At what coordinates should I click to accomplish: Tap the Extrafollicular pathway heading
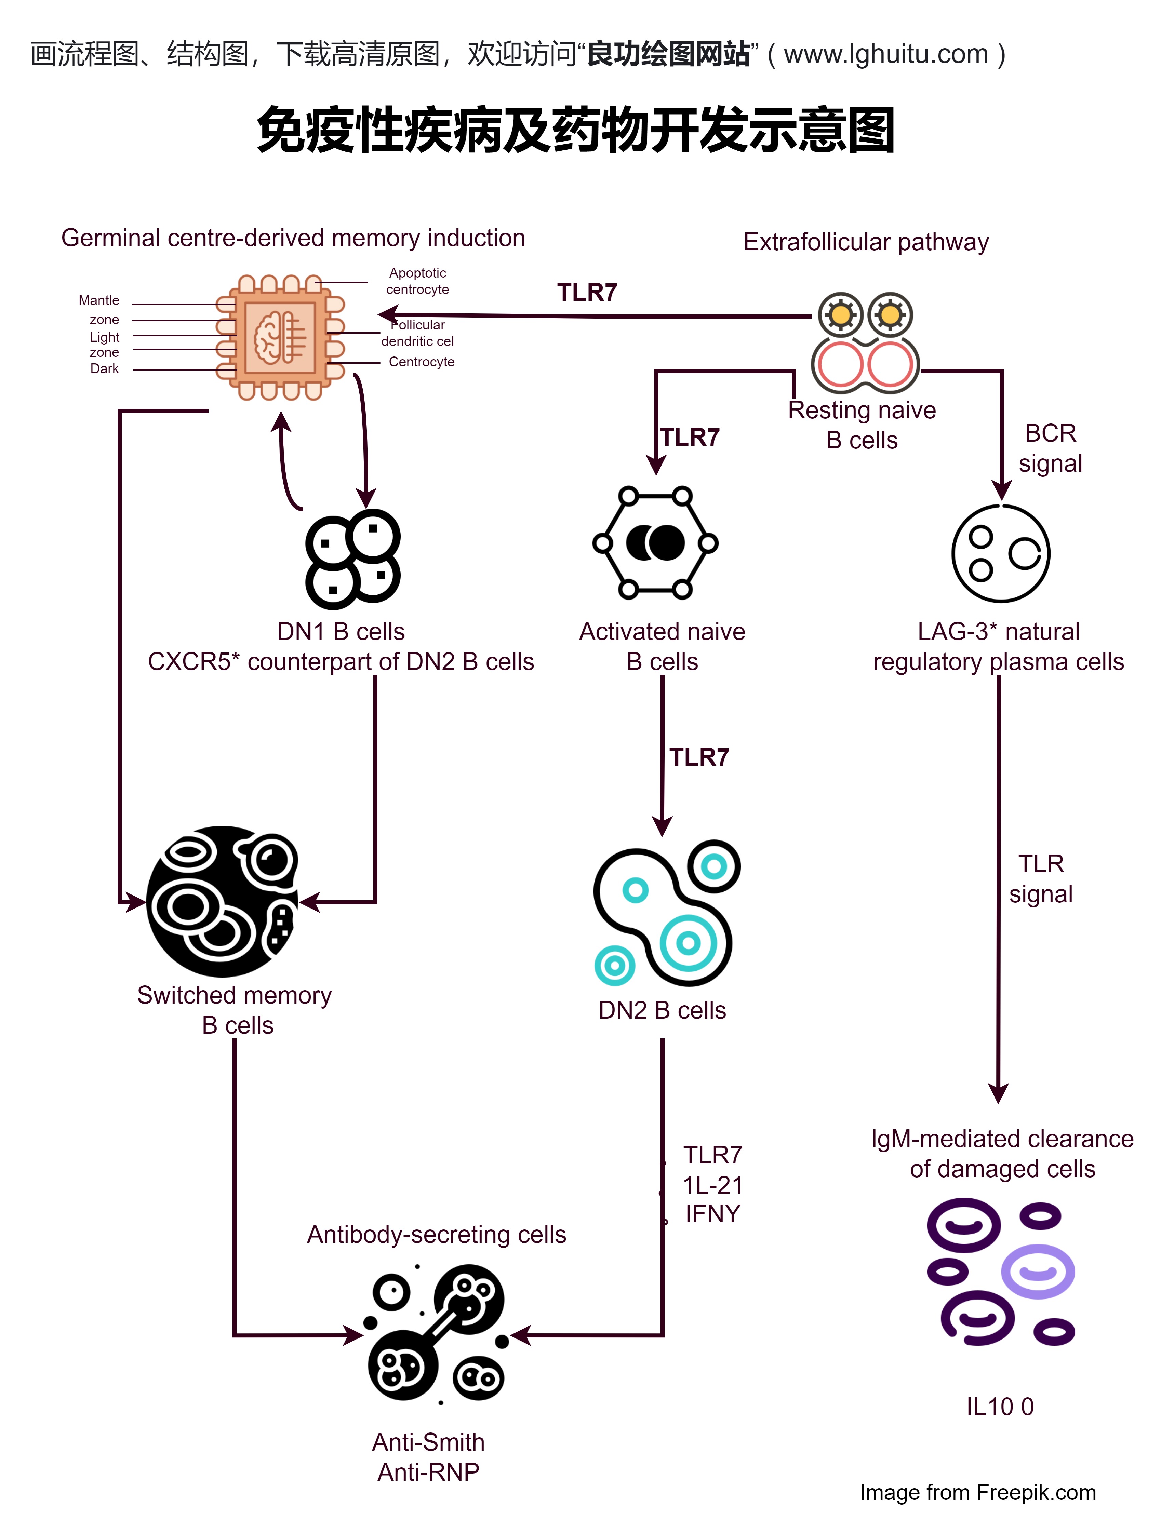(866, 242)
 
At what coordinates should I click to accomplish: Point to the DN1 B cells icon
(353, 559)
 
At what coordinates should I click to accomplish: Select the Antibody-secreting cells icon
(437, 1334)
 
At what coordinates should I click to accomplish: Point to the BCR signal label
(1050, 448)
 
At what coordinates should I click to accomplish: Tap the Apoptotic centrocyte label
(417, 281)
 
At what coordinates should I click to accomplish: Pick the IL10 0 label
(999, 1407)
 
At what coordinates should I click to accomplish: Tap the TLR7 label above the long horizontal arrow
(587, 293)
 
